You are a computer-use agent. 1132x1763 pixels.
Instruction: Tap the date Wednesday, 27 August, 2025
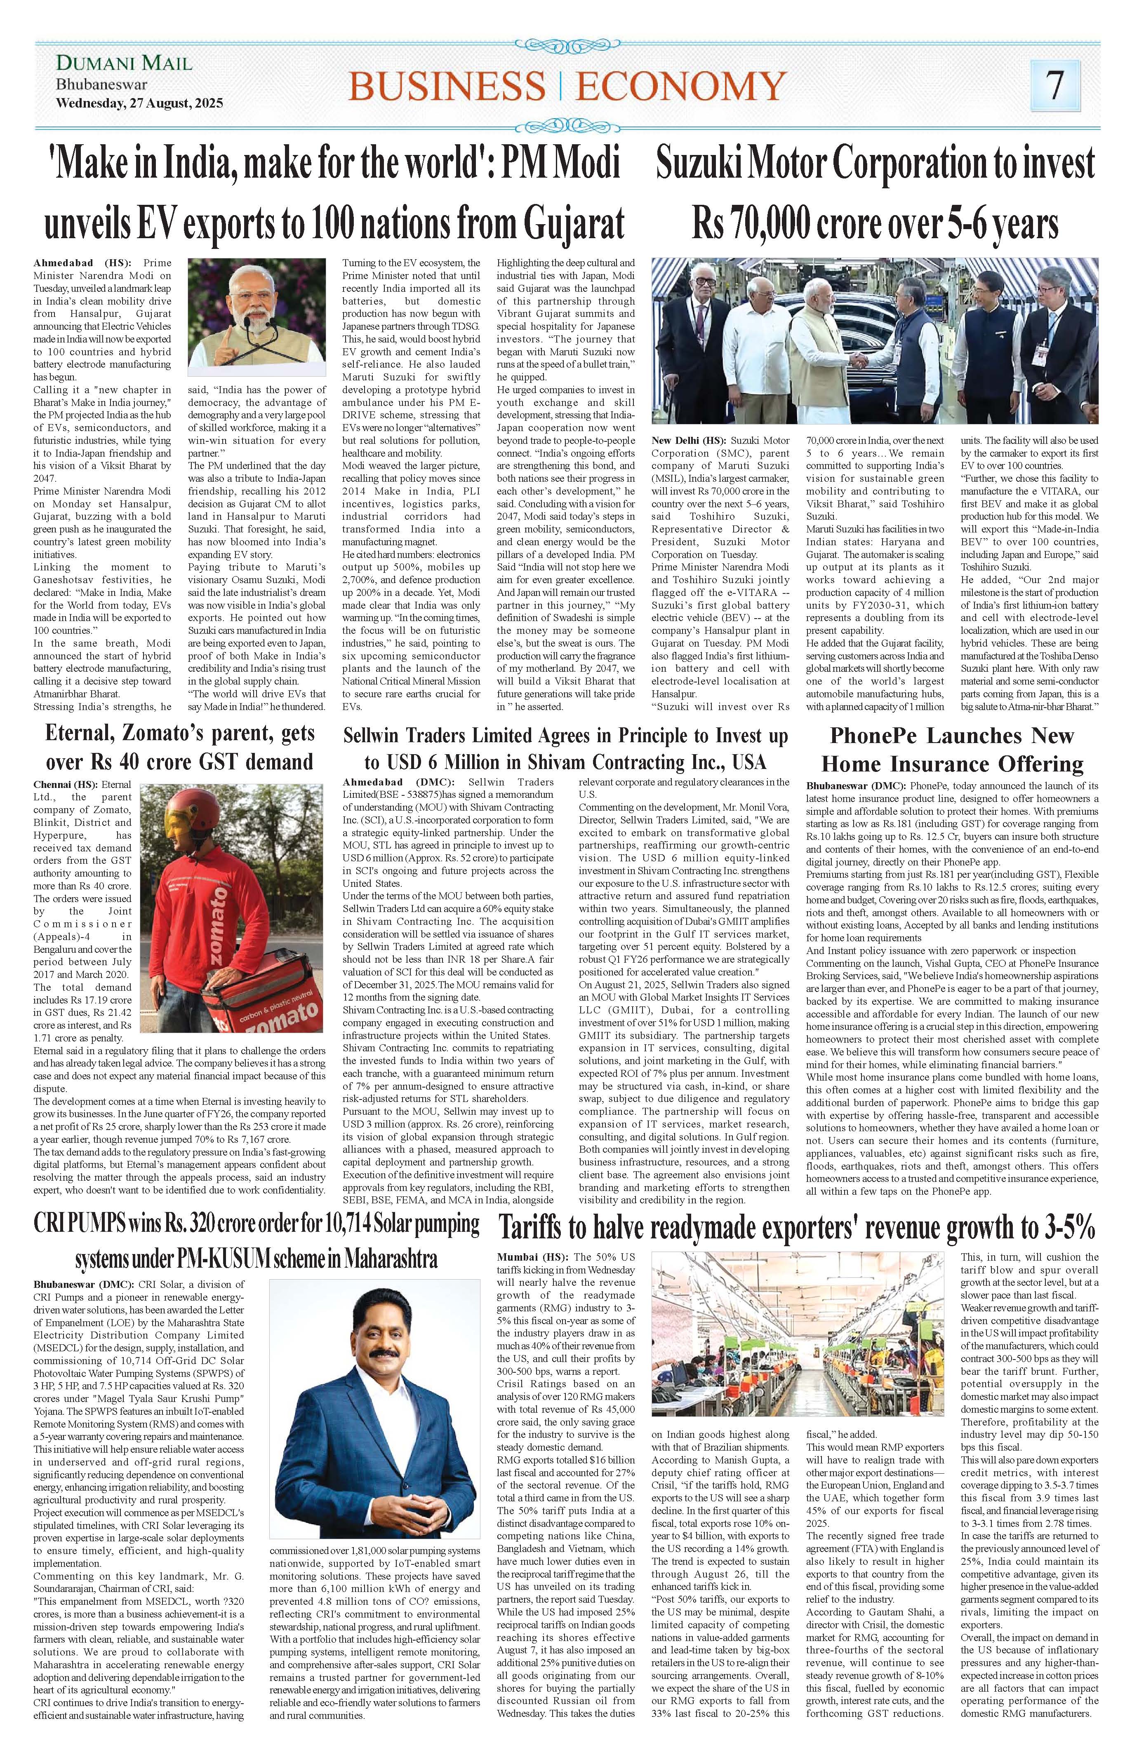(140, 103)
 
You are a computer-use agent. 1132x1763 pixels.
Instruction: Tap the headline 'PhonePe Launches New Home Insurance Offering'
(952, 750)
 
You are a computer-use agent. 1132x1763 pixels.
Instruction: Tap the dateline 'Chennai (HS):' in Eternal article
(66, 785)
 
